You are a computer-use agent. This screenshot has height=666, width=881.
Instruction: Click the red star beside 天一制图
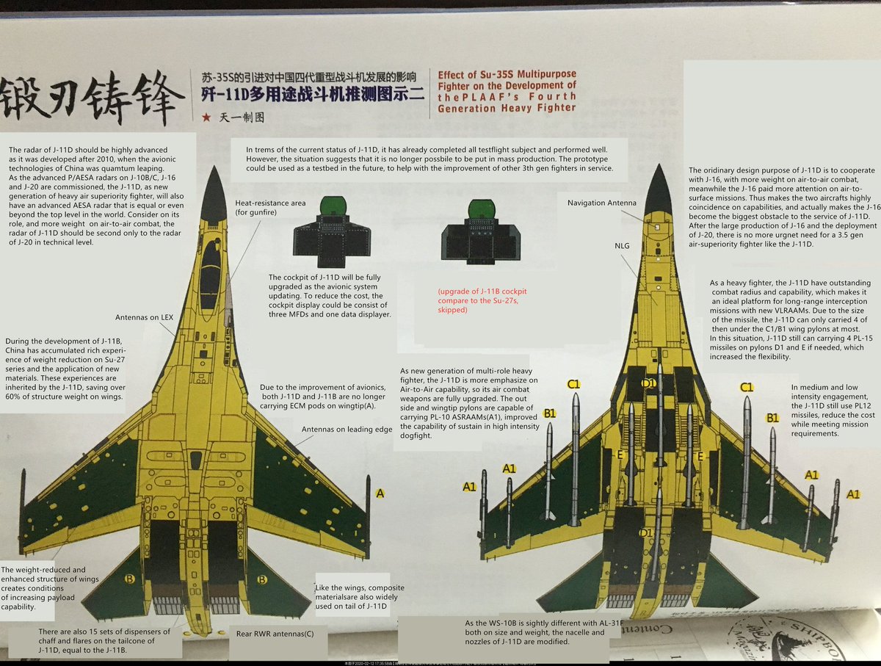pyautogui.click(x=205, y=117)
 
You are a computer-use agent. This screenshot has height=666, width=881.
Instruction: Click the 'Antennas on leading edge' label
pyautogui.click(x=347, y=430)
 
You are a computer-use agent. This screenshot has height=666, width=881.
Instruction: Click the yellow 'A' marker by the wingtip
pyautogui.click(x=380, y=493)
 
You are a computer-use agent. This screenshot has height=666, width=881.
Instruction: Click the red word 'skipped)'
pyautogui.click(x=453, y=310)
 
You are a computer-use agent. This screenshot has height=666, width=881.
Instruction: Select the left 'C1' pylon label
pyautogui.click(x=574, y=383)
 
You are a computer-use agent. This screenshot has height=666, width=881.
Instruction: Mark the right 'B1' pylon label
pyautogui.click(x=772, y=418)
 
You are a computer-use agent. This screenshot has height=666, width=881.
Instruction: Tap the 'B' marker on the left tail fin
pyautogui.click(x=129, y=579)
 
